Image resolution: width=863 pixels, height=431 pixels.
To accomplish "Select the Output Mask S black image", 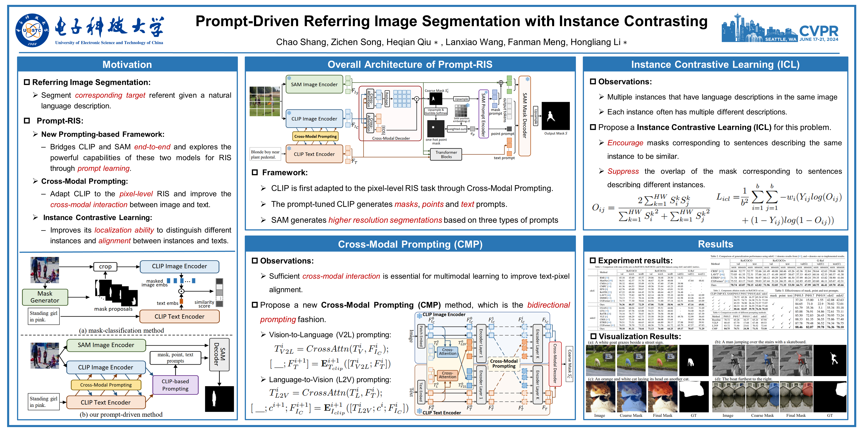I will pyautogui.click(x=555, y=116).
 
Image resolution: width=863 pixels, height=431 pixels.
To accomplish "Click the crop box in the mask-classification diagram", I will pyautogui.click(x=105, y=266).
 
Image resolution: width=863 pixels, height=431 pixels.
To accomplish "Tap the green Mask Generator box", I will pyautogui.click(x=45, y=297).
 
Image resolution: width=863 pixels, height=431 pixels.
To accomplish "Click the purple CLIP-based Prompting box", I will pyautogui.click(x=175, y=385).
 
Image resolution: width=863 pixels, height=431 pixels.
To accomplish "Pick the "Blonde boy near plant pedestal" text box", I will pyautogui.click(x=265, y=154).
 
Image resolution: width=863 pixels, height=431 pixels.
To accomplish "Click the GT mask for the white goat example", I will pyautogui.click(x=694, y=360).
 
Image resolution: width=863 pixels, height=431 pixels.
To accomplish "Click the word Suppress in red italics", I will pyautogui.click(x=623, y=171).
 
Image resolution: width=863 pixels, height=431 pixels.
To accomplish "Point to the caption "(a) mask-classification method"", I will pyautogui.click(x=121, y=330).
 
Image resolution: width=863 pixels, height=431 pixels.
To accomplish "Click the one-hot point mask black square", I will pyautogui.click(x=436, y=129).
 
